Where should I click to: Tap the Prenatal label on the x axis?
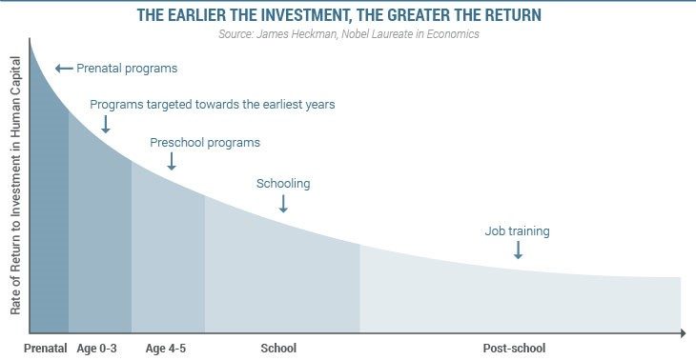pyautogui.click(x=45, y=348)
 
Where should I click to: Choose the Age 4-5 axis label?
pyautogui.click(x=166, y=348)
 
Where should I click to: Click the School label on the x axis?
pyautogui.click(x=278, y=348)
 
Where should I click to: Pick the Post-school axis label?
pyautogui.click(x=514, y=348)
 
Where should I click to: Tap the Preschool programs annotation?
pyautogui.click(x=205, y=143)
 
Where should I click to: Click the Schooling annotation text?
pyautogui.click(x=283, y=184)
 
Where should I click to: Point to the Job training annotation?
pyautogui.click(x=518, y=230)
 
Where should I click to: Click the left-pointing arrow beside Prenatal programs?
pyautogui.click(x=64, y=69)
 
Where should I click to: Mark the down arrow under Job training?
pyautogui.click(x=518, y=250)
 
